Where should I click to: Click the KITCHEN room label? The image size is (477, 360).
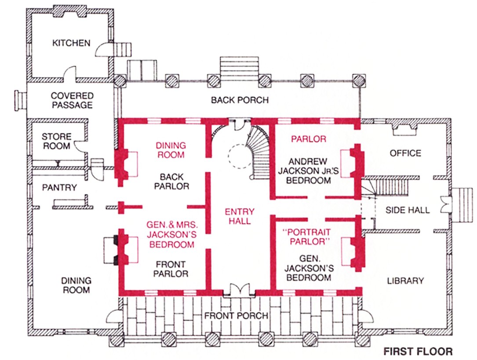coord(71,43)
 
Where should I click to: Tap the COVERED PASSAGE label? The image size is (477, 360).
coord(72,100)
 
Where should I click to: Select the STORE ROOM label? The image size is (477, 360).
coord(56,141)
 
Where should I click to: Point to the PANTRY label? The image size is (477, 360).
coord(59,188)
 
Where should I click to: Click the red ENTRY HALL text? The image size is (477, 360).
coord(239,216)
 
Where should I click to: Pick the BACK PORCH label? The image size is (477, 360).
coord(240,100)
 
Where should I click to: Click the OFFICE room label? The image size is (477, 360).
coord(405,153)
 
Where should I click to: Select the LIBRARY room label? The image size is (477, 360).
coord(405,280)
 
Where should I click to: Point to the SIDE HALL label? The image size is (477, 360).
coord(408,210)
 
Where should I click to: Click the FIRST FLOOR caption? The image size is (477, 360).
coord(417,352)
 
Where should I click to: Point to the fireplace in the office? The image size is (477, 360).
coord(404,127)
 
